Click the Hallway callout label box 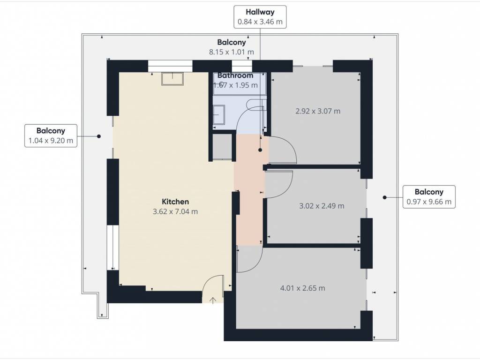pyautogui.click(x=260, y=17)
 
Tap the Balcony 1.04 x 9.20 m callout pyautogui.click(x=51, y=135)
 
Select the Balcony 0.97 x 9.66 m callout pyautogui.click(x=429, y=197)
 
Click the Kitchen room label pyautogui.click(x=175, y=202)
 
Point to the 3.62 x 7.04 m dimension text pyautogui.click(x=175, y=211)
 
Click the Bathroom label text pyautogui.click(x=235, y=75)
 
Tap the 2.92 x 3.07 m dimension pyautogui.click(x=318, y=111)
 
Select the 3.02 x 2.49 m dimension pyautogui.click(x=322, y=206)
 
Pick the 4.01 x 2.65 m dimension pyautogui.click(x=303, y=288)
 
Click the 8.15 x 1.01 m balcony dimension pyautogui.click(x=232, y=52)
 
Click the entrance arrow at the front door pyautogui.click(x=213, y=300)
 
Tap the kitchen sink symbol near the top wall pyautogui.click(x=172, y=79)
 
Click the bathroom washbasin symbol pyautogui.click(x=219, y=115)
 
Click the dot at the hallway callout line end pyautogui.click(x=260, y=150)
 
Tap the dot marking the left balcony pyautogui.click(x=99, y=136)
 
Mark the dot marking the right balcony pyautogui.click(x=385, y=197)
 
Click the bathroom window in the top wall pyautogui.click(x=242, y=66)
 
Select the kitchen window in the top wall pyautogui.click(x=170, y=66)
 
